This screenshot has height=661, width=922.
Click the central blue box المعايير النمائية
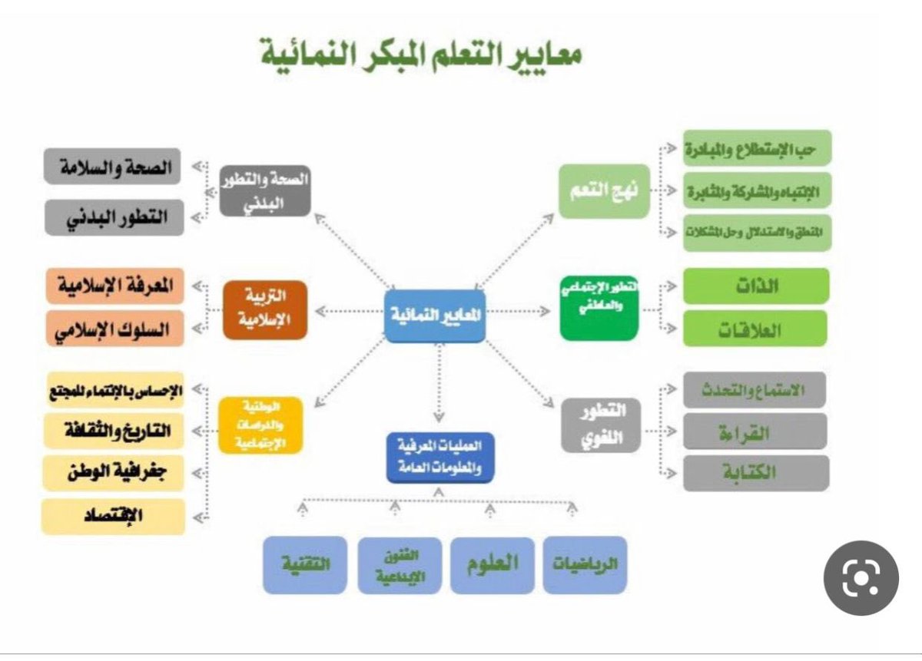click(435, 315)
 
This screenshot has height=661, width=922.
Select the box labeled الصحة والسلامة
click(112, 167)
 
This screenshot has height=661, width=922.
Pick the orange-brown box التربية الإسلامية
click(265, 309)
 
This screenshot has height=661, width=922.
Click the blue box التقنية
click(304, 565)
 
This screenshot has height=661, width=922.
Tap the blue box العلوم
click(492, 565)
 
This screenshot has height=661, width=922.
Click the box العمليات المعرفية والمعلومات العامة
click(440, 458)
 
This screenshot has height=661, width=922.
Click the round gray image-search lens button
click(861, 577)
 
